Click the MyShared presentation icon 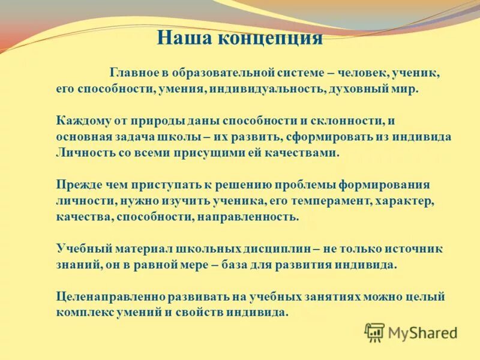click(x=374, y=332)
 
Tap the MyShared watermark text click(x=422, y=332)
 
